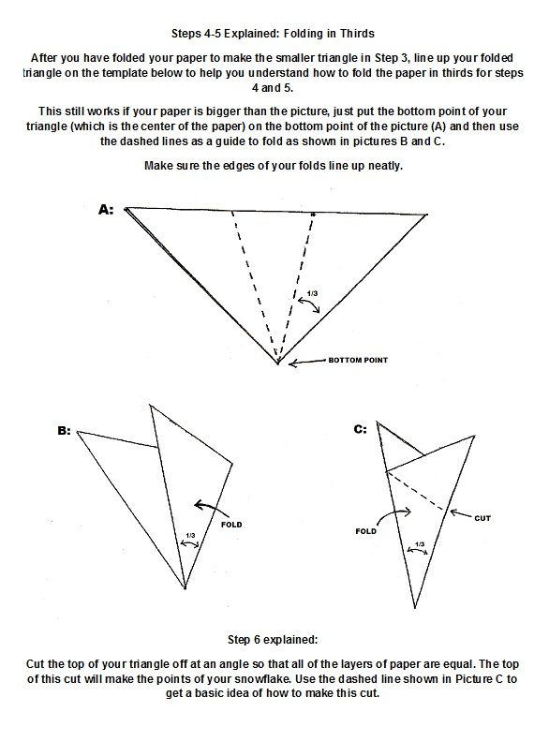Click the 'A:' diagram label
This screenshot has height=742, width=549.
pos(106,210)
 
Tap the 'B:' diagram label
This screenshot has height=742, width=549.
pos(64,431)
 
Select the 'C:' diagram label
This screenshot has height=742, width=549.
pos(360,429)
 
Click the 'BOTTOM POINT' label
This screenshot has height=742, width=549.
pos(358,360)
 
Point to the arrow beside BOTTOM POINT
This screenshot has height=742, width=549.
pos(307,363)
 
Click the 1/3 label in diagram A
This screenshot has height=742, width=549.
pos(312,294)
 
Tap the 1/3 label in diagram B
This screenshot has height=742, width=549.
pos(190,535)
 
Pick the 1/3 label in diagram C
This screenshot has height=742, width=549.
pos(420,544)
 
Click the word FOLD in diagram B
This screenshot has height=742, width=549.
pos(231,525)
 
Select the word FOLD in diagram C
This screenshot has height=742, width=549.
pos(365,531)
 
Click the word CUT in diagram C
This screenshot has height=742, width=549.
pos(482,518)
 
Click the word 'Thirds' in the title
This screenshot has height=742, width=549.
pos(357,34)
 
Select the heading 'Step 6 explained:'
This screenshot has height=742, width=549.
pos(273,640)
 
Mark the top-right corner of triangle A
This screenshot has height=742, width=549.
pos(427,215)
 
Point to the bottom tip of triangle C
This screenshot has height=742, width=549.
pos(415,608)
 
